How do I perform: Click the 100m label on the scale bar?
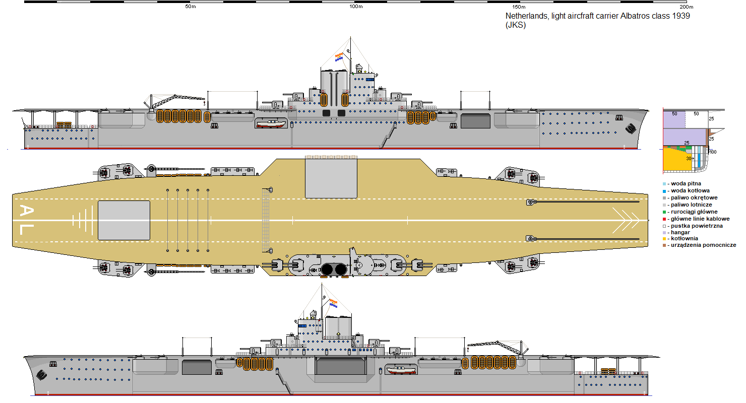[356, 7]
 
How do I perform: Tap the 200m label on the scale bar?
[687, 7]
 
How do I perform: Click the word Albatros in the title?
[635, 16]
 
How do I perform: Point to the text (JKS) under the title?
[516, 25]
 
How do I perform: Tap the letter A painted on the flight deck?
[26, 211]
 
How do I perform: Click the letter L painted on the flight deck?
[27, 230]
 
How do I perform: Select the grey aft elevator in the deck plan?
[123, 220]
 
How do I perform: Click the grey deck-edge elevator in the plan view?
[331, 178]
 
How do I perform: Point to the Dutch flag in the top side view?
[339, 57]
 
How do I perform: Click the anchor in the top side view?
[631, 128]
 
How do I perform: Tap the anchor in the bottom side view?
[41, 374]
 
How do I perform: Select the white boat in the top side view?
[271, 123]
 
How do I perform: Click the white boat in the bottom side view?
[401, 370]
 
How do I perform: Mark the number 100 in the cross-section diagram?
[713, 152]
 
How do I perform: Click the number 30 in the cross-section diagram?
[689, 159]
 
